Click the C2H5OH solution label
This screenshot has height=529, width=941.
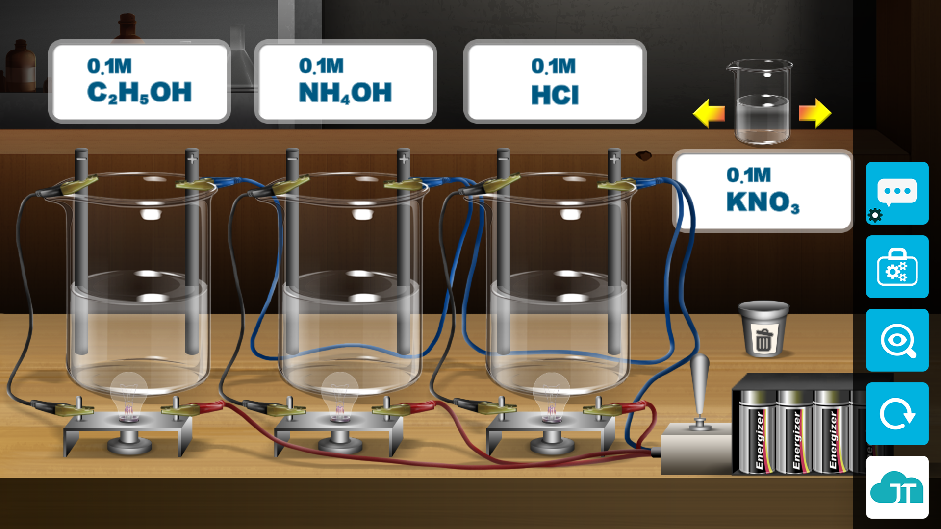pyautogui.click(x=139, y=81)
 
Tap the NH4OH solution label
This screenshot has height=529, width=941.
pyautogui.click(x=345, y=81)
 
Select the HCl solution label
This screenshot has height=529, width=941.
pyautogui.click(x=555, y=81)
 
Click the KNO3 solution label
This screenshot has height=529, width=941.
pyautogui.click(x=762, y=190)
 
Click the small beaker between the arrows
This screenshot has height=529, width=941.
pyautogui.click(x=762, y=103)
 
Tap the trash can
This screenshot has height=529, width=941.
pyautogui.click(x=763, y=329)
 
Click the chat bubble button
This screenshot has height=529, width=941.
pyautogui.click(x=897, y=193)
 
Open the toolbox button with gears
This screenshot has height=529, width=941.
pyautogui.click(x=897, y=267)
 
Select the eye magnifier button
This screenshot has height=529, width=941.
pyautogui.click(x=897, y=340)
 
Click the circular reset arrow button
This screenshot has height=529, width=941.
pyautogui.click(x=897, y=414)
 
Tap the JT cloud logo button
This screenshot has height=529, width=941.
pyautogui.click(x=897, y=487)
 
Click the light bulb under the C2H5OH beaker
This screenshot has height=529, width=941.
pyautogui.click(x=128, y=397)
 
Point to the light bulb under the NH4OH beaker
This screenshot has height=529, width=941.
pyautogui.click(x=339, y=397)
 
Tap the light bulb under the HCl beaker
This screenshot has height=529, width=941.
pyautogui.click(x=551, y=397)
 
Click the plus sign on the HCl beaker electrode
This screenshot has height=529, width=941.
pyautogui.click(x=614, y=159)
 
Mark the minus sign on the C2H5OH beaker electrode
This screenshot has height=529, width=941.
pyautogui.click(x=81, y=159)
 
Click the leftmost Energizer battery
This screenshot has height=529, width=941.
pyautogui.click(x=758, y=431)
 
